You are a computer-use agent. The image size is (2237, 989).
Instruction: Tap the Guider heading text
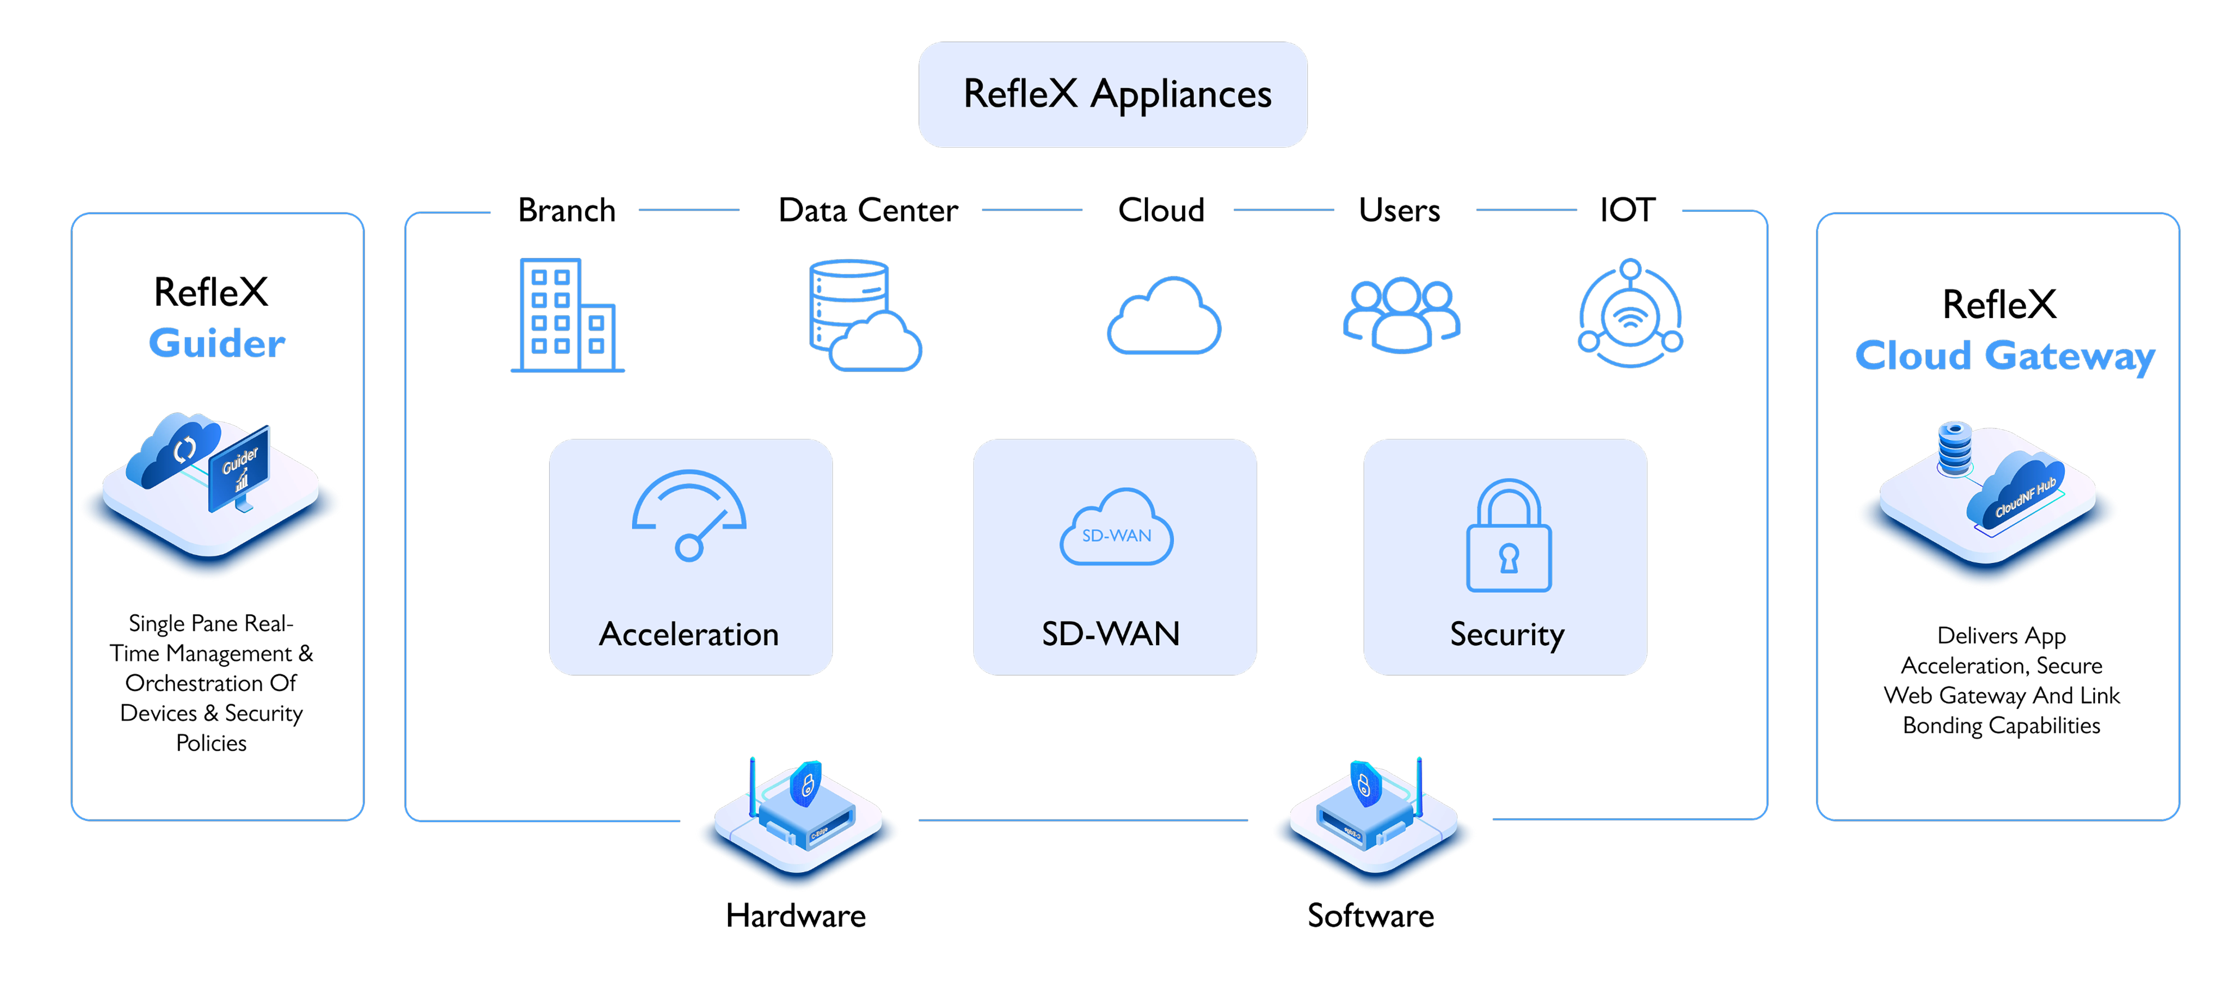217,343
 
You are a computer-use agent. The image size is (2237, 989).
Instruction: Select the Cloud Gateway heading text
2004,356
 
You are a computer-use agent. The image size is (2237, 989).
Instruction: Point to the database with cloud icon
863,315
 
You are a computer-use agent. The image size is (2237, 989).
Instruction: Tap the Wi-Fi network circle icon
1630,314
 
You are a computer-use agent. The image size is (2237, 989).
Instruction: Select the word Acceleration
689,635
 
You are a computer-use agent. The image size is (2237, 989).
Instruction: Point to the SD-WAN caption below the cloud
1111,634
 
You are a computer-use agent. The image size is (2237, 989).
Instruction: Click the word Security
1507,635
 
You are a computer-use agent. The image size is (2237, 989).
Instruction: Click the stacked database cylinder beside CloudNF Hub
1955,448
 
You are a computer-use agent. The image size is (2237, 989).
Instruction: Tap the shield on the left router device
807,784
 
